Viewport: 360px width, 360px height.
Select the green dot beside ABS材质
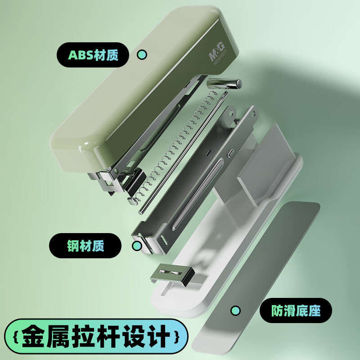[x=142, y=55]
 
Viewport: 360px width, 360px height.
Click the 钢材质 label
[x=85, y=246]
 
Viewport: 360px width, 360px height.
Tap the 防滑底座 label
[x=296, y=310]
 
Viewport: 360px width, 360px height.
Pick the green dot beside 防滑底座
[x=235, y=310]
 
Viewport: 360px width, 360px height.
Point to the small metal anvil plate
[x=172, y=274]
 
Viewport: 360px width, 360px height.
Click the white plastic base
[x=193, y=288]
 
